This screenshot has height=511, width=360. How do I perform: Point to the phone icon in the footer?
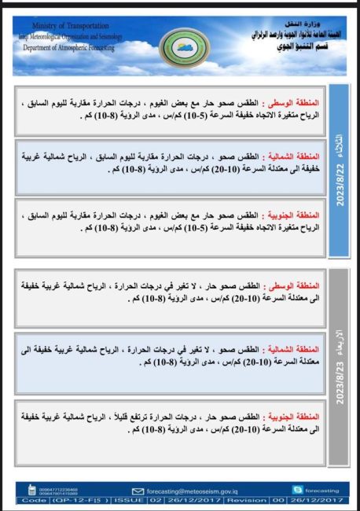tap(31, 489)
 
